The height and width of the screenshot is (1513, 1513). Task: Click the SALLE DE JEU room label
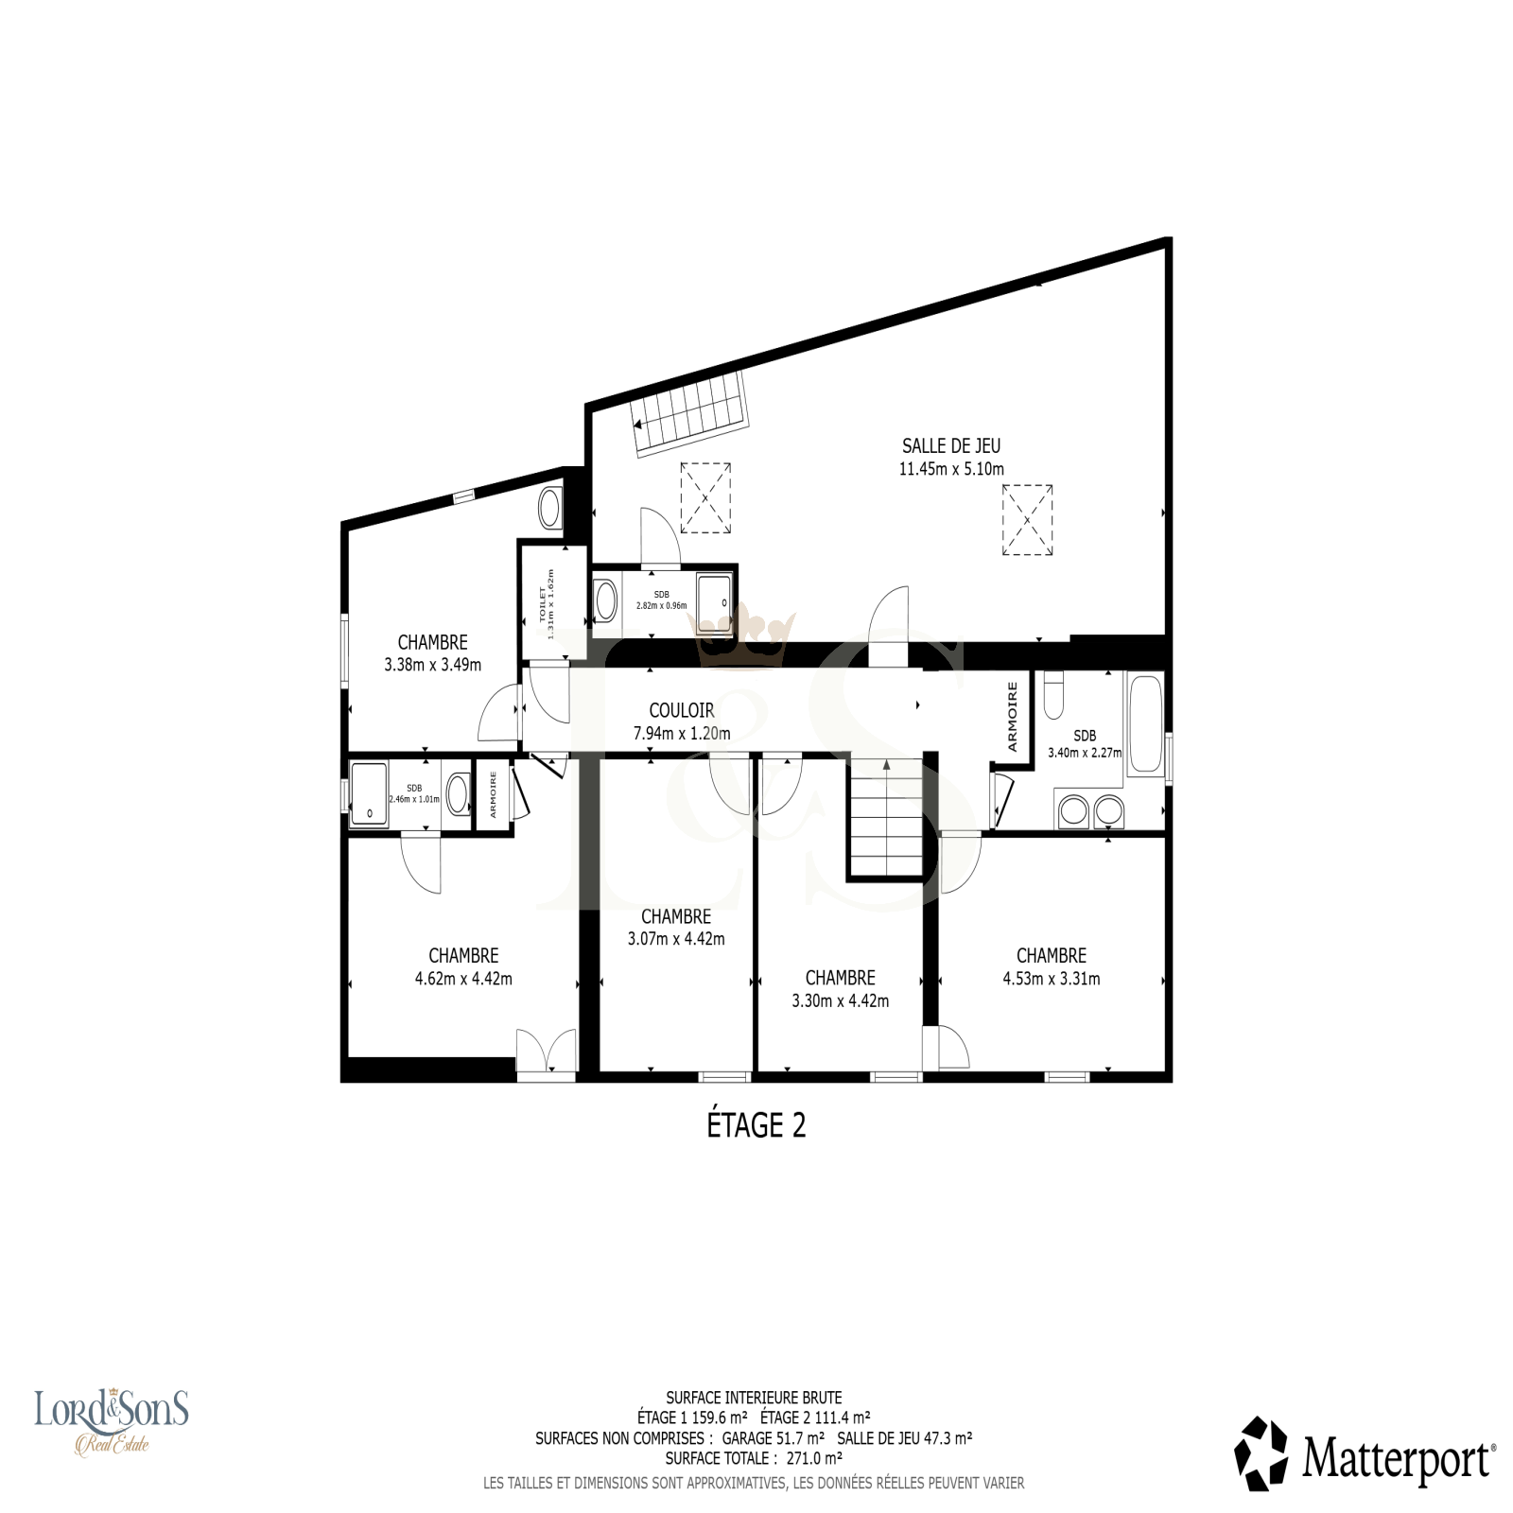tap(950, 445)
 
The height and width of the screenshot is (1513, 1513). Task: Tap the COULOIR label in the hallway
tap(681, 710)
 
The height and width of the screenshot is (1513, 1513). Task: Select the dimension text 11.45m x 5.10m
tap(951, 469)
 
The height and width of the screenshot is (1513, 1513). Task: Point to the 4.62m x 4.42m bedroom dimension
tap(463, 979)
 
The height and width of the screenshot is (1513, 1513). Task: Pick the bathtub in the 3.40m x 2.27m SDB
tap(1144, 725)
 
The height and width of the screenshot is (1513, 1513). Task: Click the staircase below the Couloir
tap(884, 818)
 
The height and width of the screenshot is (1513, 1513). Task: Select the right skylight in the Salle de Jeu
tap(1028, 519)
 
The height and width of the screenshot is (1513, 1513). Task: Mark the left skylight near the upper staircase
tap(705, 497)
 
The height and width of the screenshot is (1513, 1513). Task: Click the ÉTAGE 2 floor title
tap(756, 1125)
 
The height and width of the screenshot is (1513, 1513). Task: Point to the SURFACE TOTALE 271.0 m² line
tap(754, 1458)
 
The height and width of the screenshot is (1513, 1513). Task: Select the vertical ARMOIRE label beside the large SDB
tap(1012, 716)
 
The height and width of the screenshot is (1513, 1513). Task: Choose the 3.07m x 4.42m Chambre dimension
tap(676, 939)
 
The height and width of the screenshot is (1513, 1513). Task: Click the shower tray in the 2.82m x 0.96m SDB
tap(715, 601)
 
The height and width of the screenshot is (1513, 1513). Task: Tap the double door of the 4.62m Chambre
tap(547, 1051)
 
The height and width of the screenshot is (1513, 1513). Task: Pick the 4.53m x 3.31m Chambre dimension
tap(1052, 979)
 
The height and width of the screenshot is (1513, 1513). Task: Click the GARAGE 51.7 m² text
tap(774, 1438)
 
